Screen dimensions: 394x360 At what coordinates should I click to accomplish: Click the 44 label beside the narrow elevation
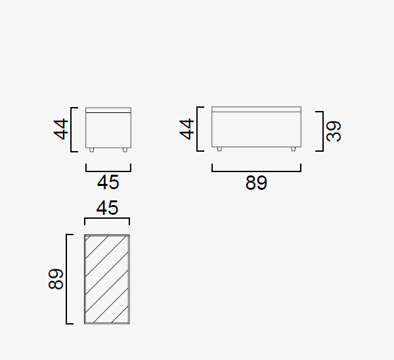coord(61,129)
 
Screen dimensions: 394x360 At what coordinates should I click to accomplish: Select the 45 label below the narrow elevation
coord(108,183)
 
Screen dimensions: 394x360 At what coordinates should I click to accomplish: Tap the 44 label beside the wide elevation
coord(186,129)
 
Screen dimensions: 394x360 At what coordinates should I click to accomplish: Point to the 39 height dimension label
coord(334,131)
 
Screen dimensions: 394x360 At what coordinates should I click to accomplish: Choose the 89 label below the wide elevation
coord(256,183)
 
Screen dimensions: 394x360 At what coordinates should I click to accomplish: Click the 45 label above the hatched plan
coord(107,208)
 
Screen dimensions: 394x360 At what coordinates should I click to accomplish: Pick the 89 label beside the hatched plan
coord(56,279)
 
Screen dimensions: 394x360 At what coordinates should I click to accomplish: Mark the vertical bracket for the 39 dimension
coord(323,131)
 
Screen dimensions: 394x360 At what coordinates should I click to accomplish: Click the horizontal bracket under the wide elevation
coord(256,171)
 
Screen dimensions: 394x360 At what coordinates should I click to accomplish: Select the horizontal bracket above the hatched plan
coord(107,218)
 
